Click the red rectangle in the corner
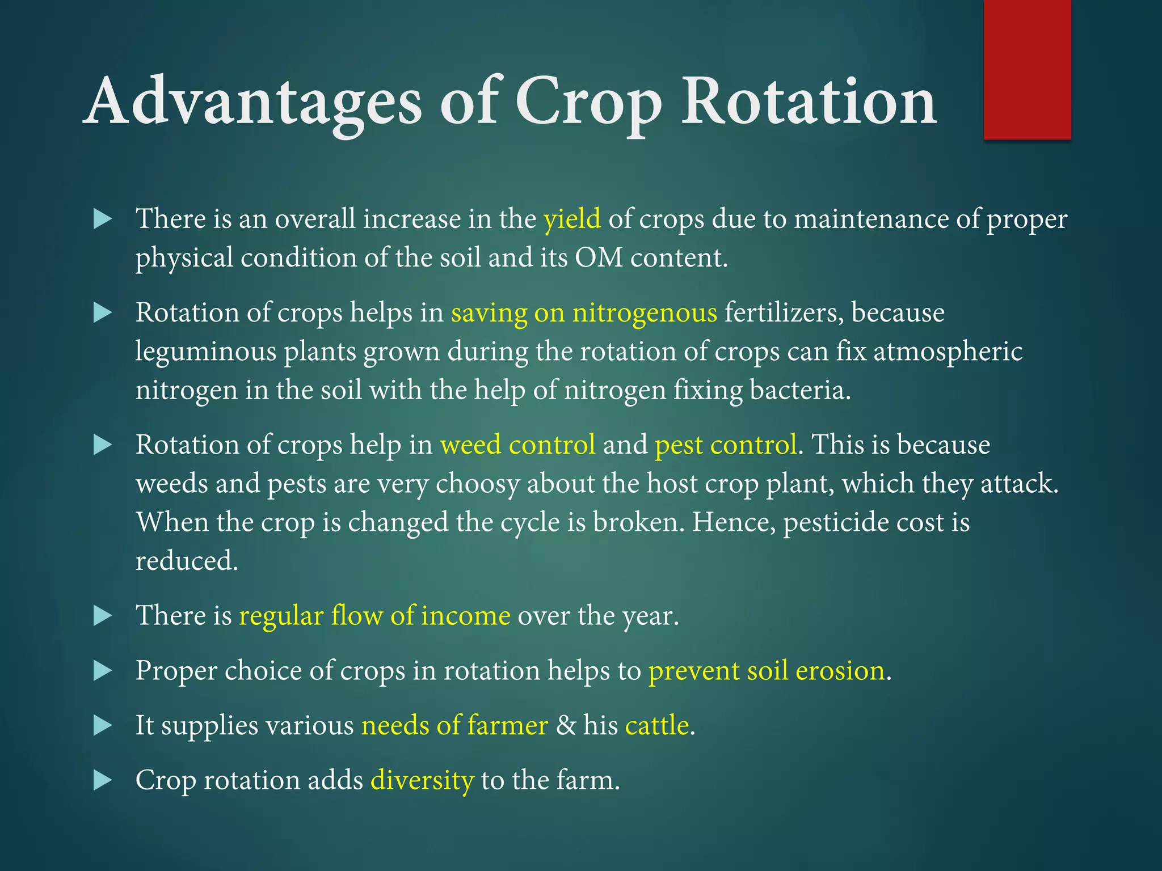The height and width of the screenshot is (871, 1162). coord(1027,69)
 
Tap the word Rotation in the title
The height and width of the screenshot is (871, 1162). coord(808,102)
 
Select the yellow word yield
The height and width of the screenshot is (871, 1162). coord(572,219)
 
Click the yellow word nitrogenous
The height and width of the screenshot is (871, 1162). coord(645,313)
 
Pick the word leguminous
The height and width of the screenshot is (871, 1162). coord(205,352)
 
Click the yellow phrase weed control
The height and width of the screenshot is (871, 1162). coord(517,445)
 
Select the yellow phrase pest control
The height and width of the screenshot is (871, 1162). coord(726,445)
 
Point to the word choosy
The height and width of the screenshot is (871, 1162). coord(477,484)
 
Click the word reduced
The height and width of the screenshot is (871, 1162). coord(186,561)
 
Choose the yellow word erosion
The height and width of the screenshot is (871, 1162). coord(840,671)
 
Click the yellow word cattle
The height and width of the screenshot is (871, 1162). coord(657,725)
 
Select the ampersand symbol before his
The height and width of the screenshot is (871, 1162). coord(566,725)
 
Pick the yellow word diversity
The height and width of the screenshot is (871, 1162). coord(422,780)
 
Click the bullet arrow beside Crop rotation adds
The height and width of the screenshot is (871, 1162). coord(102,780)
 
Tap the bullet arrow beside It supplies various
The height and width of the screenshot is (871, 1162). coord(102,725)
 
